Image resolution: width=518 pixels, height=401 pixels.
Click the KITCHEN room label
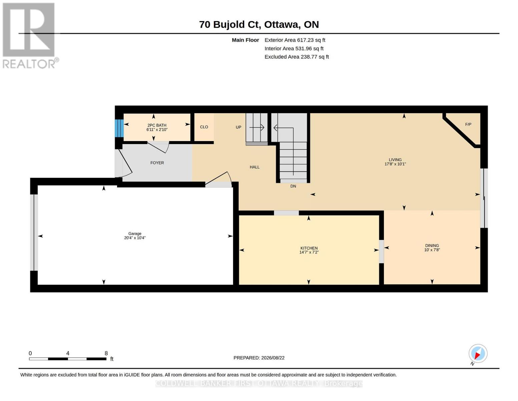click(309, 248)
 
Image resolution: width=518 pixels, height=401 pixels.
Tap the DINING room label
click(432, 246)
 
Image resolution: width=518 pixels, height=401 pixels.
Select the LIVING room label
click(395, 160)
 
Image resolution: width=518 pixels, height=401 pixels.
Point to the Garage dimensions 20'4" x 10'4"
click(135, 238)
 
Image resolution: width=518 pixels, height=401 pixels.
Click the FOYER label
click(157, 163)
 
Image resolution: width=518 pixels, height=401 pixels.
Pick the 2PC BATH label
click(157, 125)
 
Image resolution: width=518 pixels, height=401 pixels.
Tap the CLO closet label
click(204, 127)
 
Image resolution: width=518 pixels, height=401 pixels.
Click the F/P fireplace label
click(468, 124)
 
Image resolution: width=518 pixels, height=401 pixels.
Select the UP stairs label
click(238, 127)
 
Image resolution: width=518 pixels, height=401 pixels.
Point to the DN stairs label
click(293, 186)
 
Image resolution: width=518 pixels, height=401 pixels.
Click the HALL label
click(254, 167)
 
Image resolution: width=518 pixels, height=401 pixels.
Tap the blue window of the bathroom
click(119, 128)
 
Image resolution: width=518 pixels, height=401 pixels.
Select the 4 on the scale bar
click(68, 353)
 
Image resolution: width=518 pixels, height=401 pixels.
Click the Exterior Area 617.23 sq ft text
click(295, 40)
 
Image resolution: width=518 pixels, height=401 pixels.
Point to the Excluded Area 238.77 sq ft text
click(297, 57)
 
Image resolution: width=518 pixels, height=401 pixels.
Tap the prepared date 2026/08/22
click(273, 358)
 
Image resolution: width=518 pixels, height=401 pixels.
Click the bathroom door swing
click(158, 147)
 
